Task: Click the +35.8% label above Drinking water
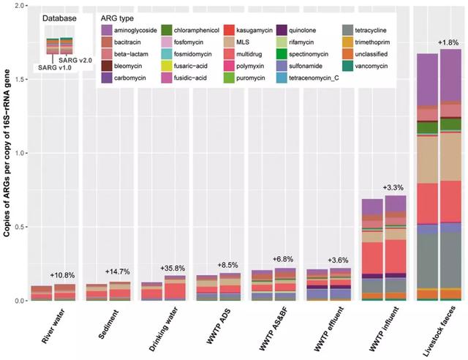coord(173,269)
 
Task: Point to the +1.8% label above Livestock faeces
coord(448,42)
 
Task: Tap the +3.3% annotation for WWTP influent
coord(393,187)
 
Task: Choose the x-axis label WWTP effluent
coord(329,329)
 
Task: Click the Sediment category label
coord(108,324)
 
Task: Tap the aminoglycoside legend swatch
coord(107,30)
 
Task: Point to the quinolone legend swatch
coord(282,30)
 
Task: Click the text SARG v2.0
coord(75,60)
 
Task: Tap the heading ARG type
coord(117,18)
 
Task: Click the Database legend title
coord(59,18)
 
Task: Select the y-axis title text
coord(7,153)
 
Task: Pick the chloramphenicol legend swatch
coord(167,30)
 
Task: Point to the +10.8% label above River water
coord(62,275)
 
